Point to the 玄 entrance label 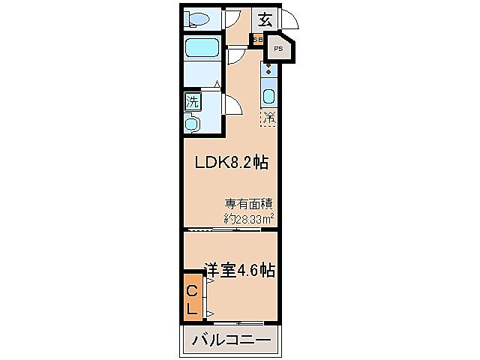265,19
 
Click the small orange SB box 257,39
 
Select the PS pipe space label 278,49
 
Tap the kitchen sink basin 268,97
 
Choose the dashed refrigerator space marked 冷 268,117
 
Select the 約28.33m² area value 248,218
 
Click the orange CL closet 192,298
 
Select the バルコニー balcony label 231,340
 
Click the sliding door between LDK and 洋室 214,229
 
